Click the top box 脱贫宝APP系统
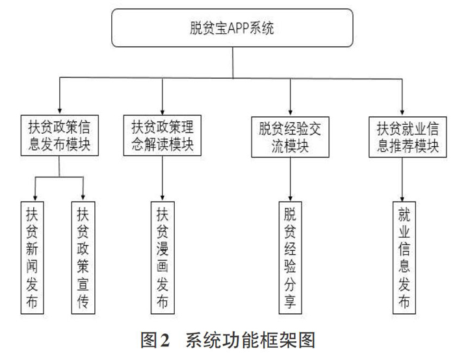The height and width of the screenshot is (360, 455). click(232, 28)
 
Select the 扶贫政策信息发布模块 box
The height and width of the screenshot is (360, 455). click(60, 135)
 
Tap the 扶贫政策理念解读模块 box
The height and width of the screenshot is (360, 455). click(162, 135)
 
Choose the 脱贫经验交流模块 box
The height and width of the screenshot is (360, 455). click(290, 137)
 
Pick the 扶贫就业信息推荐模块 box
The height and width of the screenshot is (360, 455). click(408, 137)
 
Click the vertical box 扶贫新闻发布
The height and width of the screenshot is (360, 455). click(32, 258)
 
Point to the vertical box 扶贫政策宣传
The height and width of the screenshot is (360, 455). click(83, 258)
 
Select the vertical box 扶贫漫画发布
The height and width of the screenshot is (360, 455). click(162, 258)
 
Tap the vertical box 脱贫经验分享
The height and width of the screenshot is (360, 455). click(290, 258)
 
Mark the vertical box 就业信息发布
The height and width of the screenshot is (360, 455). click(404, 258)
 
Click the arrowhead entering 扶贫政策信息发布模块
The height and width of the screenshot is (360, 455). click(60, 111)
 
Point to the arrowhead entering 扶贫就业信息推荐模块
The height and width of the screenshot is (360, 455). click(402, 112)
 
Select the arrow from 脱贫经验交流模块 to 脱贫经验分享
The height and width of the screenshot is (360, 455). click(290, 179)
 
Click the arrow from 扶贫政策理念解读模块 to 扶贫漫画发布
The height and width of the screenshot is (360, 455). click(162, 179)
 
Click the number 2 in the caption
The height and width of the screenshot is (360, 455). click(164, 340)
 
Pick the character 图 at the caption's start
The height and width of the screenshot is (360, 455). click(149, 340)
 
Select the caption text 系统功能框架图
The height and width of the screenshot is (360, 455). click(250, 340)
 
